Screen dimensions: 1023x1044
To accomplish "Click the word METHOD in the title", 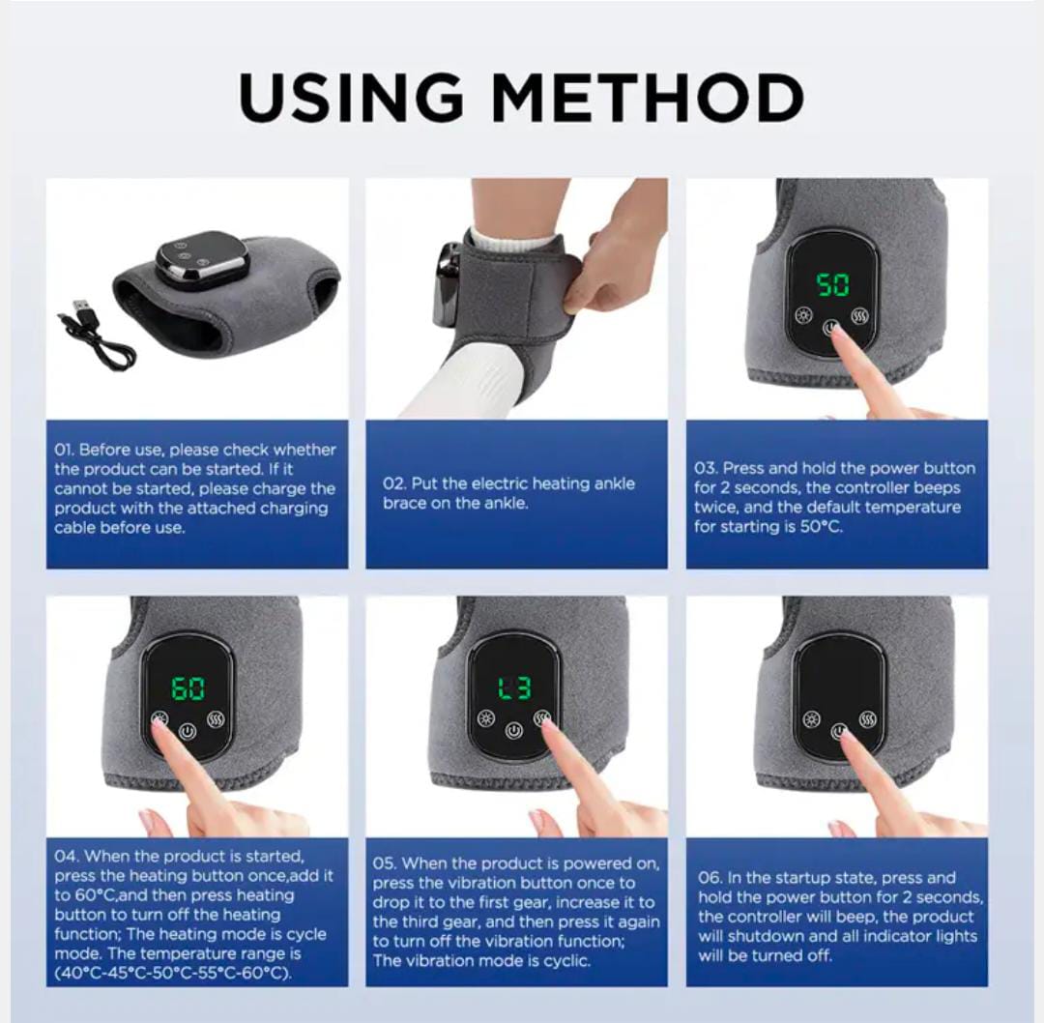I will [650, 97].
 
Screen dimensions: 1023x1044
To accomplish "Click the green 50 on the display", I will [832, 284].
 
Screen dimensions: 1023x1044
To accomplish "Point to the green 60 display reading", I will [188, 688].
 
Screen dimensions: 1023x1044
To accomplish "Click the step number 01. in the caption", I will [64, 450].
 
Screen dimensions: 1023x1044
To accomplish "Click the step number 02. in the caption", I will [393, 483].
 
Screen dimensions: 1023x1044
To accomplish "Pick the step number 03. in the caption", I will [706, 468].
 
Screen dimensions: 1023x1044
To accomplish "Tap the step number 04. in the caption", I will [65, 856].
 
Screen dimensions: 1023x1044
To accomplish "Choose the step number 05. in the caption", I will [385, 863].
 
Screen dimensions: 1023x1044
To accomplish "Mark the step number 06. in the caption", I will [710, 878].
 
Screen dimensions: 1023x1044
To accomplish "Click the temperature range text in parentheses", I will [173, 973].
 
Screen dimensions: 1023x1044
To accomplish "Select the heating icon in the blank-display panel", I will [811, 719].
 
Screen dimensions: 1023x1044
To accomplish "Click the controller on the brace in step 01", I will [201, 258].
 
